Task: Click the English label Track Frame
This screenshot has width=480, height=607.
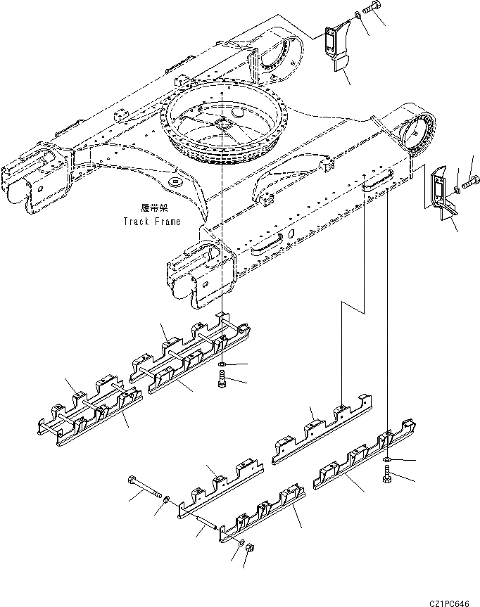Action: (x=151, y=221)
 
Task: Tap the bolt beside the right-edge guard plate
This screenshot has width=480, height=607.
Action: (x=469, y=185)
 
